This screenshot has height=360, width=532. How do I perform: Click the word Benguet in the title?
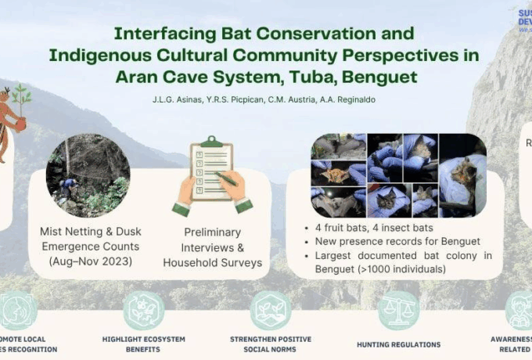click(380, 77)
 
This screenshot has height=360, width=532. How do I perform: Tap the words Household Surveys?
click(212, 262)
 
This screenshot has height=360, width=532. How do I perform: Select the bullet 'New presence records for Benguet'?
click(395, 241)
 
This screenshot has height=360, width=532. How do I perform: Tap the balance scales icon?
click(398, 311)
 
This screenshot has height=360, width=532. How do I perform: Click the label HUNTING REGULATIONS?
click(398, 344)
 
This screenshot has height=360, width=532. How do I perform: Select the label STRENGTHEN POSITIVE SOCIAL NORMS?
click(271, 344)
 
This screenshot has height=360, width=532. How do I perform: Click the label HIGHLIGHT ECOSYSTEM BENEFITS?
click(143, 344)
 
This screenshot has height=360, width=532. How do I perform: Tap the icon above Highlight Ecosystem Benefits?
click(143, 311)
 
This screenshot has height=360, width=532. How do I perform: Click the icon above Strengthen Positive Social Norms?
click(271, 311)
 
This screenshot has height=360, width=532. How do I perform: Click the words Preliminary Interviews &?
click(212, 240)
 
